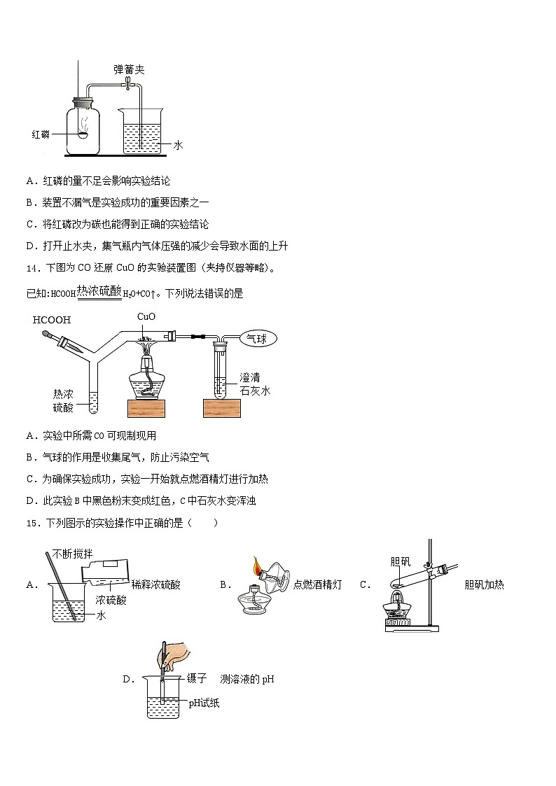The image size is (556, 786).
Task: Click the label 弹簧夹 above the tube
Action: click(129, 69)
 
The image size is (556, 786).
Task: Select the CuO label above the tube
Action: click(146, 316)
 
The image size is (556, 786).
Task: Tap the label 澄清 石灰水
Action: click(254, 384)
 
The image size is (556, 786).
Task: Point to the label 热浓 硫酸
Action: click(62, 401)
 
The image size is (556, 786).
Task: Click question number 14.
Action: click(32, 268)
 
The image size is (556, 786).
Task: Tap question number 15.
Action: click(32, 523)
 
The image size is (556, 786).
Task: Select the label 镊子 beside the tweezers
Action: click(196, 678)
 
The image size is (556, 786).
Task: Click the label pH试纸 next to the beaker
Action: click(204, 703)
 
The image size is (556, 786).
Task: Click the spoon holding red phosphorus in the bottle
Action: click(83, 134)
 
